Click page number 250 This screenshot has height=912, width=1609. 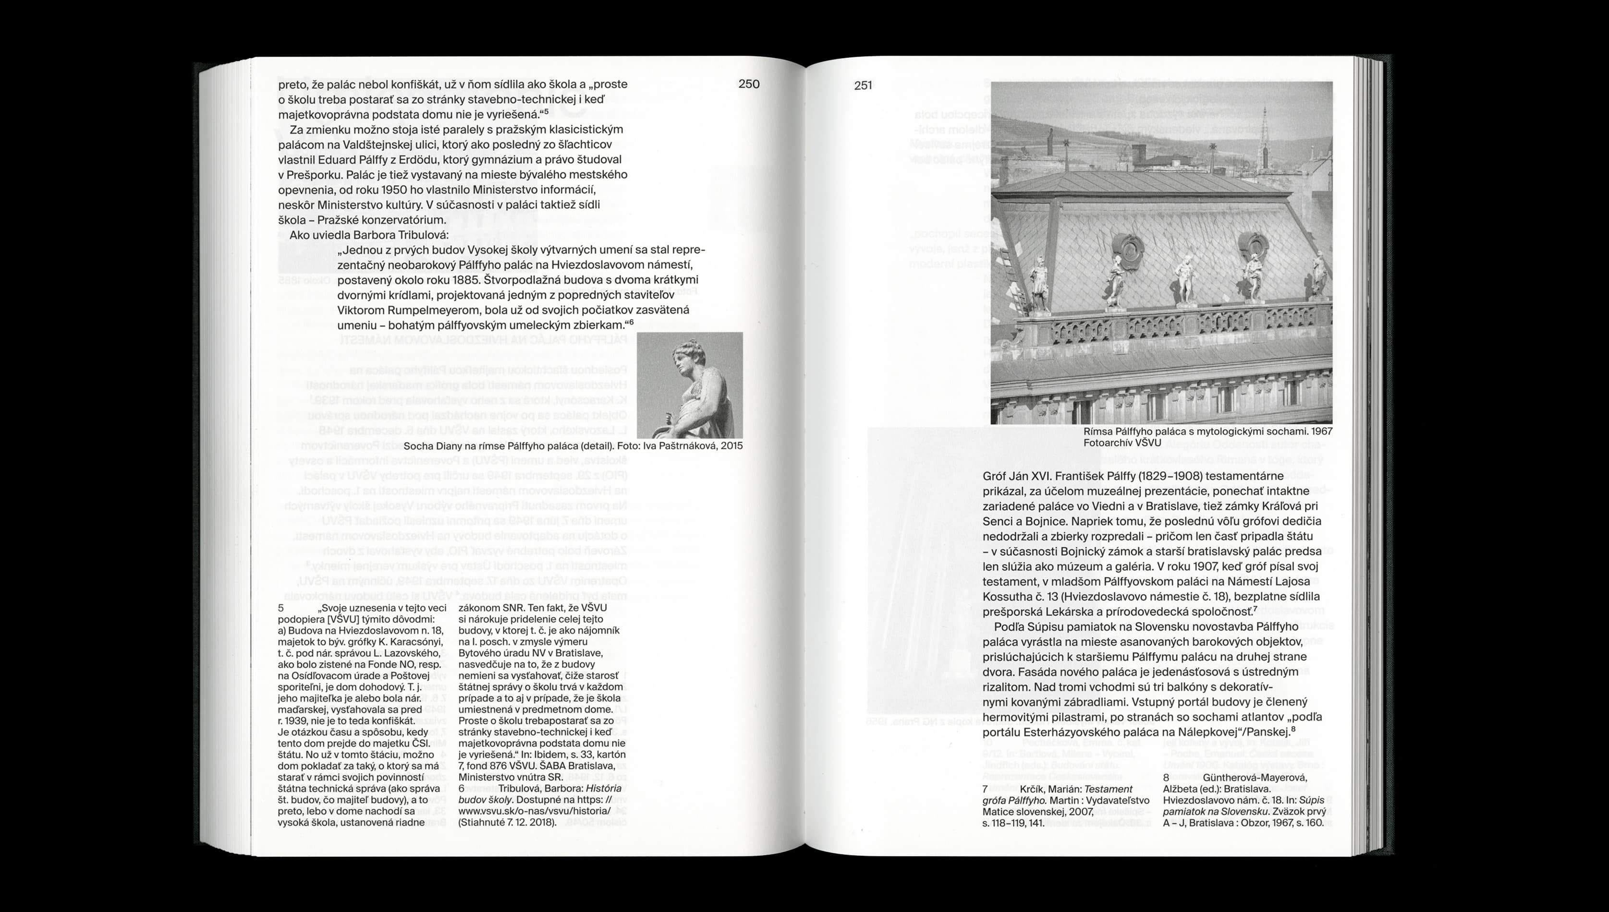point(749,84)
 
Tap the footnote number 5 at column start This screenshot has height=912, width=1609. point(280,608)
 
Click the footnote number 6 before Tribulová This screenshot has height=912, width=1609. point(462,789)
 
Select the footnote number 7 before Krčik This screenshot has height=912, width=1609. point(986,789)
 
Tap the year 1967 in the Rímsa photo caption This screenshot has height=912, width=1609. point(1321,432)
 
